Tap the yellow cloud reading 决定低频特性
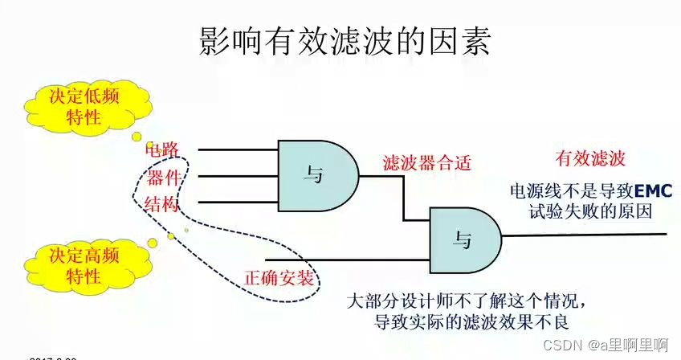coord(83,106)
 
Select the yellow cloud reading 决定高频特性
coord(84,266)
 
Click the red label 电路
coord(161,149)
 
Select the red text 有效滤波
coord(589,158)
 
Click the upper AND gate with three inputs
coord(316,174)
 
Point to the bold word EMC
coord(657,191)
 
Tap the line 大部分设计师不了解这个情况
coord(462,303)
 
